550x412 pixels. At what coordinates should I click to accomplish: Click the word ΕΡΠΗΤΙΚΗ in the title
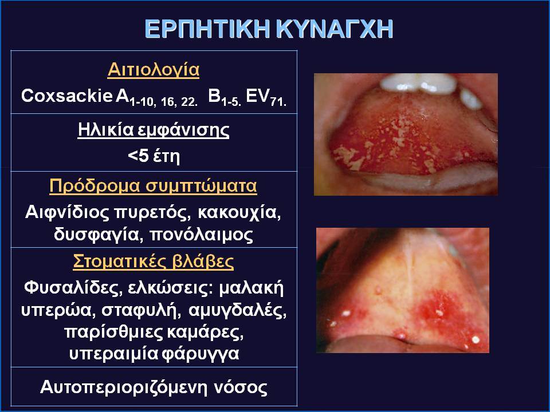pyautogui.click(x=207, y=29)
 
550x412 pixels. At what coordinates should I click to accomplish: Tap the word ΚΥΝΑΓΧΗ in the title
pyautogui.click(x=335, y=29)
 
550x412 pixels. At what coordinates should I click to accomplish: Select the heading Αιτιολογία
pyautogui.click(x=154, y=69)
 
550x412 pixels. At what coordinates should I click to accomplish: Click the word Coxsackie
pyautogui.click(x=66, y=96)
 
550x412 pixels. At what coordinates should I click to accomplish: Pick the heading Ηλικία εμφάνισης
pyautogui.click(x=154, y=130)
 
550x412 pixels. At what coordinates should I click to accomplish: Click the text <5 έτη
pyautogui.click(x=154, y=156)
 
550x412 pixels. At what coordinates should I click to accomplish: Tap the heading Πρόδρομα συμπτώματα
pyautogui.click(x=154, y=186)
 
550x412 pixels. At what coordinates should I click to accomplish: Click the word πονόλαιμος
pyautogui.click(x=202, y=235)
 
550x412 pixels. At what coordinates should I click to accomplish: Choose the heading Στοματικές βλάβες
pyautogui.click(x=154, y=262)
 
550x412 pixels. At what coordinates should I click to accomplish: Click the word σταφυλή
pyautogui.click(x=142, y=310)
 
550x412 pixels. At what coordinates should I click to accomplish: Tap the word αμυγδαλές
pyautogui.click(x=237, y=310)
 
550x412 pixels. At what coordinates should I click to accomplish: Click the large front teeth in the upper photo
pyautogui.click(x=418, y=82)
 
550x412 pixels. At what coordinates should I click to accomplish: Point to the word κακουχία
pyautogui.click(x=239, y=213)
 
